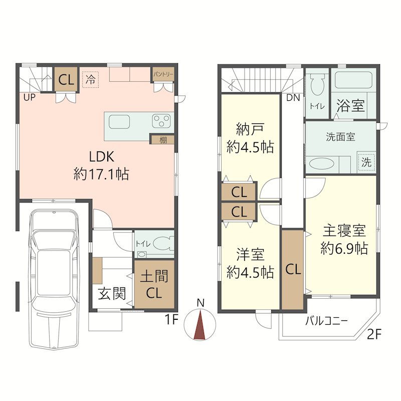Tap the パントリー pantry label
[x=163, y=74]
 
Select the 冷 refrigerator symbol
[x=91, y=80]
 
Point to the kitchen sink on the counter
[x=119, y=122]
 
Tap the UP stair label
[x=30, y=97]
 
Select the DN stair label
[x=293, y=97]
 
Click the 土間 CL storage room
[x=154, y=284]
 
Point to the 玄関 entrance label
[x=112, y=293]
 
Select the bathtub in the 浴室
[x=353, y=80]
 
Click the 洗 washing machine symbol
[x=366, y=162]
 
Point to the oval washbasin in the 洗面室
[x=321, y=163]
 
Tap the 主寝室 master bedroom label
[x=344, y=231]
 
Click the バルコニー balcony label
[x=327, y=321]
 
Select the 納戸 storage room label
[x=250, y=129]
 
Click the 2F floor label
[x=374, y=334]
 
